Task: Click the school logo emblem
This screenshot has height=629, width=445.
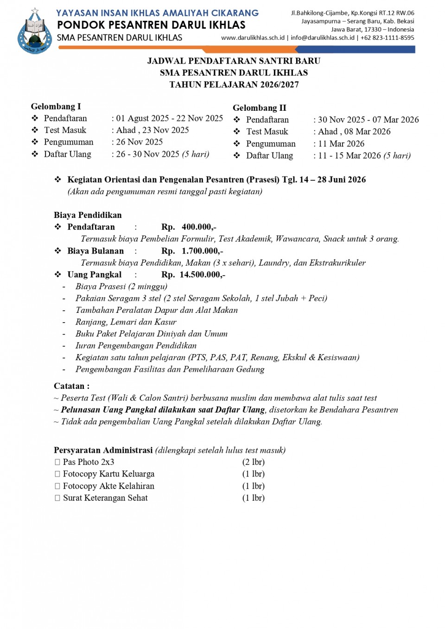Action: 34,32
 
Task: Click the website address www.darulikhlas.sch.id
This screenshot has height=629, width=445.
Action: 253,38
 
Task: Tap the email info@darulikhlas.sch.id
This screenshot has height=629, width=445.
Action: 323,38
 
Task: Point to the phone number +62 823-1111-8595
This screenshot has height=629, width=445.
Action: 388,38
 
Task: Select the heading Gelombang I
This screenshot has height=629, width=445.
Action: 56,107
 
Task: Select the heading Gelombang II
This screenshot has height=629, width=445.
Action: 260,108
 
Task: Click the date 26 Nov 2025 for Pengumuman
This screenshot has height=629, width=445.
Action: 140,142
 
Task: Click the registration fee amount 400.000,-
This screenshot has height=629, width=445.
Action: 199,227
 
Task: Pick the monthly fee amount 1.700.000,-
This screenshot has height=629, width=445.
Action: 202,251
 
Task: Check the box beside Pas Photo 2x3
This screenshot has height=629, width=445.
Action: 57,462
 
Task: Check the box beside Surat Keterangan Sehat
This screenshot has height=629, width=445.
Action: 57,498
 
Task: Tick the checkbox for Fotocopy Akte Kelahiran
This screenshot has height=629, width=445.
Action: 57,486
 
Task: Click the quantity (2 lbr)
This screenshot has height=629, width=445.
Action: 253,462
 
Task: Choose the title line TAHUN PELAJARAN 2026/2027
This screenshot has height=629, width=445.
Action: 234,85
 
